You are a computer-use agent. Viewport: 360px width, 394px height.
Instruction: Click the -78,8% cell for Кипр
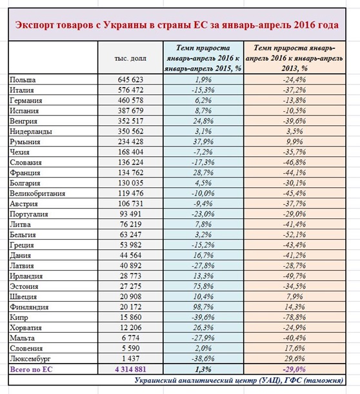pyautogui.click(x=297, y=317)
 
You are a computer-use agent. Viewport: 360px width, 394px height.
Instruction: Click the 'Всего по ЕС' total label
pyautogui.click(x=32, y=369)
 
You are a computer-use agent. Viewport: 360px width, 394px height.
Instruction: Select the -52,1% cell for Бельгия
pyautogui.click(x=297, y=234)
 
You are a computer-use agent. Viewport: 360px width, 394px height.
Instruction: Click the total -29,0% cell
pyautogui.click(x=297, y=369)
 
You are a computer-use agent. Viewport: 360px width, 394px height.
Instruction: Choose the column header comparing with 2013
pyautogui.click(x=297, y=57)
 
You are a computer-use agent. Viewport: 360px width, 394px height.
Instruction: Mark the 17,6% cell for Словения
pyautogui.click(x=297, y=348)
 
